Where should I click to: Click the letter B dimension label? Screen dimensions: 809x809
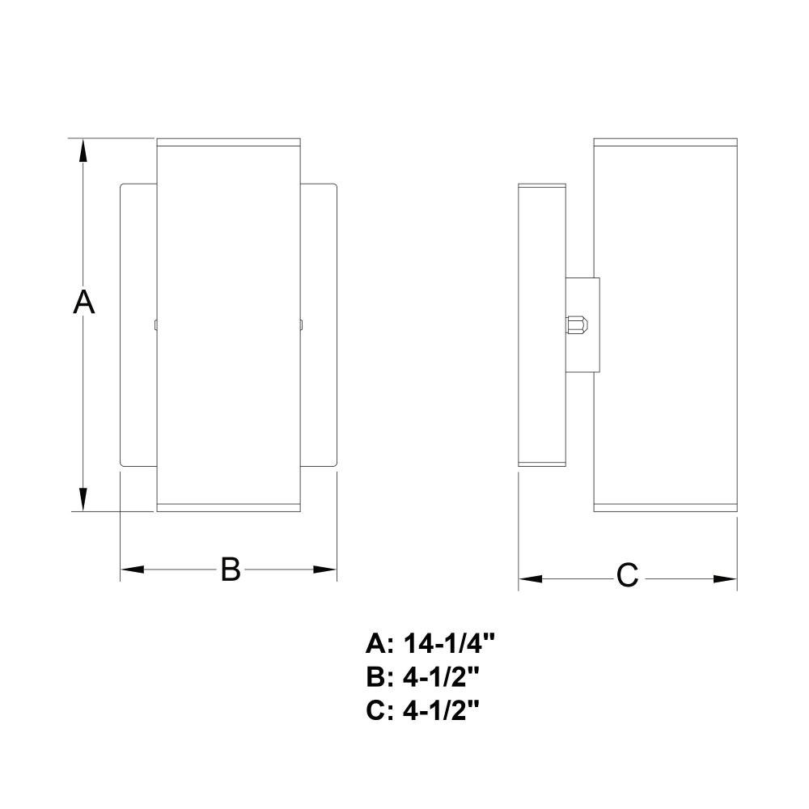[230, 569]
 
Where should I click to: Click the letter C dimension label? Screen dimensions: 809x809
[628, 575]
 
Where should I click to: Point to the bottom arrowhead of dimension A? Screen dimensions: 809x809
[83, 499]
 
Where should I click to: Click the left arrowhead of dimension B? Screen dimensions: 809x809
[132, 570]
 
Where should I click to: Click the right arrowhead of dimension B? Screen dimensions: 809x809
[325, 570]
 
